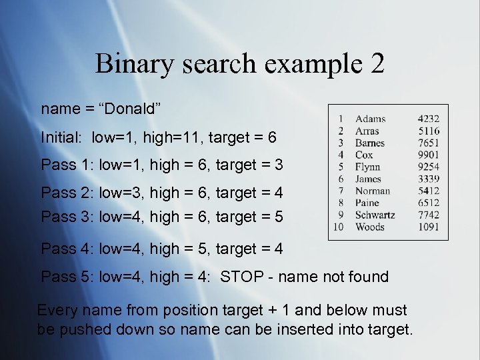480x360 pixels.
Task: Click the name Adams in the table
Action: click(370, 119)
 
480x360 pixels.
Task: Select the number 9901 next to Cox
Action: click(429, 155)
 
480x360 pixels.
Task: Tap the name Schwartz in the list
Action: click(375, 215)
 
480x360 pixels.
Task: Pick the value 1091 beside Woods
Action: click(429, 227)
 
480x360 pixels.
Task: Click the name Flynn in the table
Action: click(368, 167)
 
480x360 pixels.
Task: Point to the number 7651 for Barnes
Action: click(429, 143)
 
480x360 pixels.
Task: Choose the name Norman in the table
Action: click(373, 191)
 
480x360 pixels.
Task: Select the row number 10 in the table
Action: click(339, 227)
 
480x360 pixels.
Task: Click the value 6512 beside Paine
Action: click(429, 203)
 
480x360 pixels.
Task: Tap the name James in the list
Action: click(369, 179)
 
